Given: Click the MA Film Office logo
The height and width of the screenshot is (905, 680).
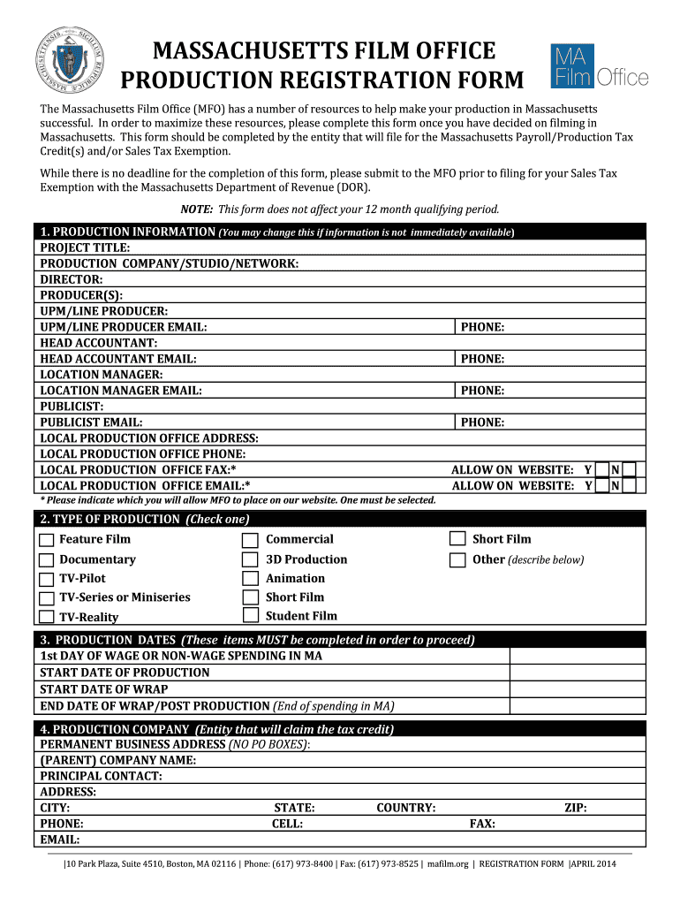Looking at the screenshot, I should coord(600,67).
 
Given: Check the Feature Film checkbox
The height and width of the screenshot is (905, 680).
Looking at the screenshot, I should coord(47,539).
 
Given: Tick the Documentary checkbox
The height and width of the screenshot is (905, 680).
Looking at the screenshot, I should coord(47,559).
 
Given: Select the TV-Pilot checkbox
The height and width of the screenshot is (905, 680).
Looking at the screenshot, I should coord(47,579).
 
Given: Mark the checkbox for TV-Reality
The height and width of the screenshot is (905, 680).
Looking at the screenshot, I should coord(47,617).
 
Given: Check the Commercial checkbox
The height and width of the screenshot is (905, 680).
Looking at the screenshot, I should coord(250,539).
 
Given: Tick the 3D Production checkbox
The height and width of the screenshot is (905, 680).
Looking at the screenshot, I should coord(250,559).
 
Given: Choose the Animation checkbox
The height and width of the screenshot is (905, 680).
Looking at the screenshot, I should coord(250,578).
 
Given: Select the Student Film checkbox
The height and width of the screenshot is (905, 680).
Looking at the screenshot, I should coord(250,615).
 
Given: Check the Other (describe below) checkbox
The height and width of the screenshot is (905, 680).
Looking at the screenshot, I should coord(457,559).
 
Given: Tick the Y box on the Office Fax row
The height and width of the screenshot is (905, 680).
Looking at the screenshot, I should coord(601,470).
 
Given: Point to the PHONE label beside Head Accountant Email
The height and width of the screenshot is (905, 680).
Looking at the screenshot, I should coord(482,359).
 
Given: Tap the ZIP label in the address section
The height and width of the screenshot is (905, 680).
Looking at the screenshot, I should coord(575,808).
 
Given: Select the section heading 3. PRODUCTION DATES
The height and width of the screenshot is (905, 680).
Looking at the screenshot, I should coord(106,640).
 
